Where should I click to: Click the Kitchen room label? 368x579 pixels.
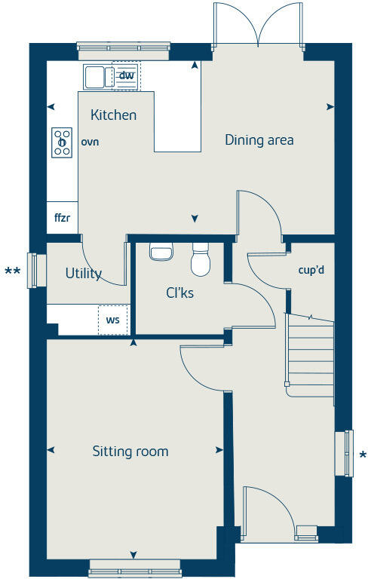point(113,115)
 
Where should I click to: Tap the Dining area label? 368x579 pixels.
point(259,140)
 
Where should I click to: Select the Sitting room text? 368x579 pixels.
point(130,452)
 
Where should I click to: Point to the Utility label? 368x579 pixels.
point(83,274)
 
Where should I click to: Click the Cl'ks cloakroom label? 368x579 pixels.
point(180,293)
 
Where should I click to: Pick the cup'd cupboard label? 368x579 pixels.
point(311,269)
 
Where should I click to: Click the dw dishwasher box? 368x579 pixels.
point(127,75)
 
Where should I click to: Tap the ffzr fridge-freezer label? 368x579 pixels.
point(62,219)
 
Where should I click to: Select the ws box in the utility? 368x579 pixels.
point(112,320)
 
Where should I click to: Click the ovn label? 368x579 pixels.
point(90,142)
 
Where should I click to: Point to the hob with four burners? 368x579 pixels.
point(62,142)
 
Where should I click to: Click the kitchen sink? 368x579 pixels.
point(96,77)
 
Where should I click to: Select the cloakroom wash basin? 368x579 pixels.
point(161,251)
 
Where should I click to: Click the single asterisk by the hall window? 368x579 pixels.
point(363,455)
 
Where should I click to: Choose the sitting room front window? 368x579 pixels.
point(135,568)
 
